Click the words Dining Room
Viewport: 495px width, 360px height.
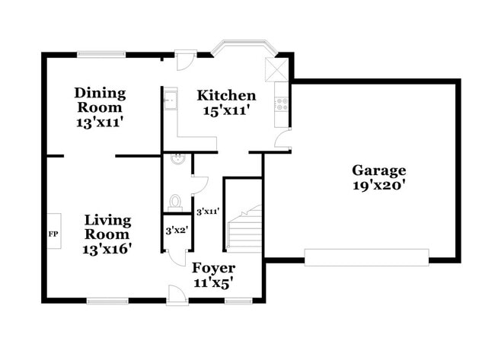(x=100, y=100)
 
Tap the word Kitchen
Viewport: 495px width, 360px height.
(x=226, y=96)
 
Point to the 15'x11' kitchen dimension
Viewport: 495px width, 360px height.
(x=226, y=111)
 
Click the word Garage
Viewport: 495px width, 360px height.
(x=378, y=170)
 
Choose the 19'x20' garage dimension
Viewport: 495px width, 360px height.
(x=378, y=185)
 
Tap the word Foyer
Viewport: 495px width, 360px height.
(x=213, y=268)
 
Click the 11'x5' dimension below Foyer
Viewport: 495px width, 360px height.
(x=213, y=282)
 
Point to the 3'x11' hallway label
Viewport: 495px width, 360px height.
(x=208, y=212)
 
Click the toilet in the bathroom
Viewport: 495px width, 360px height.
(x=175, y=202)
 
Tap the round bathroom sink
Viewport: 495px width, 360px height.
(x=177, y=158)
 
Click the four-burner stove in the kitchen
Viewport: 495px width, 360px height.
(x=284, y=104)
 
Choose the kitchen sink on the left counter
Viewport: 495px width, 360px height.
(x=170, y=98)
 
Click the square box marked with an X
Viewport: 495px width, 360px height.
(x=274, y=68)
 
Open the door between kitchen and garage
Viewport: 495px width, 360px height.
(x=283, y=140)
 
